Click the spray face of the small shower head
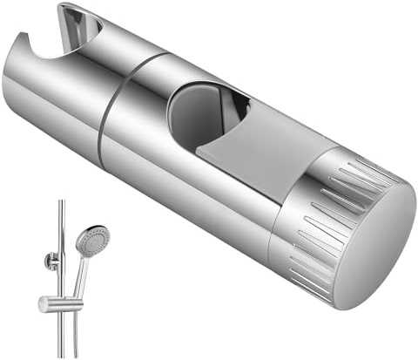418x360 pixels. coord(93,237)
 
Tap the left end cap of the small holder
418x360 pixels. coord(41,303)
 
